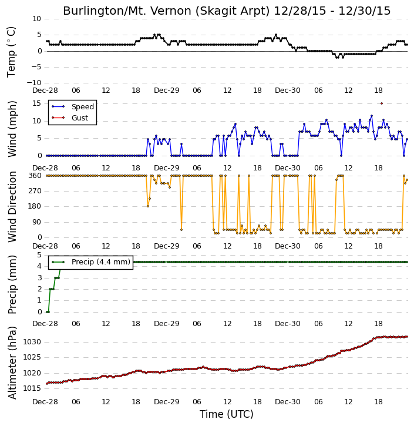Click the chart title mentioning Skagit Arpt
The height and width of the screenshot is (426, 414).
[227, 11]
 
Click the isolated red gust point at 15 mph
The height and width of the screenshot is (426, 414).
[382, 103]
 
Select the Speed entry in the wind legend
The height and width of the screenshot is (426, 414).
[73, 107]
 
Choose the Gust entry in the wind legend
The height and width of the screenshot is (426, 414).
[70, 118]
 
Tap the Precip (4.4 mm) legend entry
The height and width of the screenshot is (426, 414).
[91, 262]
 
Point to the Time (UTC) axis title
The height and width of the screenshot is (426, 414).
[227, 414]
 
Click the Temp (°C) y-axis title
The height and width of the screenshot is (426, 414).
[11, 52]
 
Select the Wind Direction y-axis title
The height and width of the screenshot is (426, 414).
[12, 207]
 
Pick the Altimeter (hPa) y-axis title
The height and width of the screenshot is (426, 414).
[12, 363]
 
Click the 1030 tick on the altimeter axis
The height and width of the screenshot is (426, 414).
[32, 342]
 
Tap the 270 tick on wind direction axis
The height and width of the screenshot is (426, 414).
[35, 191]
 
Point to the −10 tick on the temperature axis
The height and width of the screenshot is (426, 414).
[34, 83]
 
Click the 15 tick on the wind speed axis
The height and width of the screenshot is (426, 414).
[36, 103]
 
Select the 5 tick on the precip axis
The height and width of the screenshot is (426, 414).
[39, 255]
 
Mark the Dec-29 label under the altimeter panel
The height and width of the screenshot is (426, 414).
[166, 401]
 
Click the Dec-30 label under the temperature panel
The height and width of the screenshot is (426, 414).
[288, 90]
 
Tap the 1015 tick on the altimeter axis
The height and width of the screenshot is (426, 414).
[32, 388]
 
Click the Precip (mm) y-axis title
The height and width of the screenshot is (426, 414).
[12, 285]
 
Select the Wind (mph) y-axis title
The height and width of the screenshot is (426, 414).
[12, 129]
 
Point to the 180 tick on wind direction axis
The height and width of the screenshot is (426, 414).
[35, 206]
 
